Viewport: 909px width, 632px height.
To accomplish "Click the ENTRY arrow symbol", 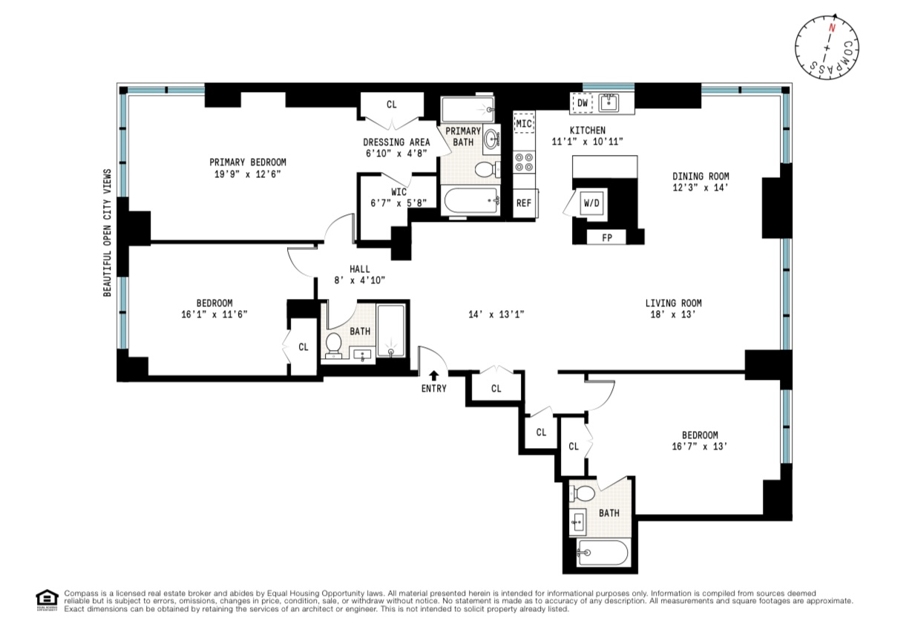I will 433,376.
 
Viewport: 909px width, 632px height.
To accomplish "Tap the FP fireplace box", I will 606,238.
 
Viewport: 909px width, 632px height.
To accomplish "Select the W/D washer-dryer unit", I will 591,202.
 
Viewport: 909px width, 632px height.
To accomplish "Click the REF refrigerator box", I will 524,203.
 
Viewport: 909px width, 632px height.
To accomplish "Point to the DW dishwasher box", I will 583,104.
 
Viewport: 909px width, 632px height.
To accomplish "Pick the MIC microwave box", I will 524,122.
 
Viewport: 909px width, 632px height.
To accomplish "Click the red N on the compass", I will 832,28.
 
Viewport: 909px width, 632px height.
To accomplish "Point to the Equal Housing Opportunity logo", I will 47,599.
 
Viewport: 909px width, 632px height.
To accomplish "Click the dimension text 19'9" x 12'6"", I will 247,174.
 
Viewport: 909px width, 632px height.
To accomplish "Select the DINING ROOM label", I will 700,177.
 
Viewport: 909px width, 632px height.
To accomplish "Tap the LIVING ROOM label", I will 673,303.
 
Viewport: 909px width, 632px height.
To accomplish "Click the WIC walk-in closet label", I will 398,191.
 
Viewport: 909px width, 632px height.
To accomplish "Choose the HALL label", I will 360,269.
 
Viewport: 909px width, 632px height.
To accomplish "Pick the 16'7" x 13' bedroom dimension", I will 700,447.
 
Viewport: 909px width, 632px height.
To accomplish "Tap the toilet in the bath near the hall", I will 334,343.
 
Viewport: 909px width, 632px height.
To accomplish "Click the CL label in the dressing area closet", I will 391,105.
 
